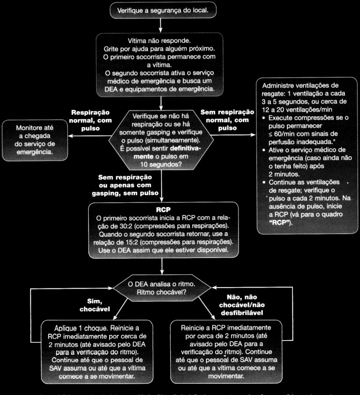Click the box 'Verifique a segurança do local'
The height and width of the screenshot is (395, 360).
click(162, 9)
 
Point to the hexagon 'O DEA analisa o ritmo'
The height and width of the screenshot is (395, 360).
click(162, 288)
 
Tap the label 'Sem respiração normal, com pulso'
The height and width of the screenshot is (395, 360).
click(227, 120)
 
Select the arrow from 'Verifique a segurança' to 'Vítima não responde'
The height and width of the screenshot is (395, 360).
click(162, 25)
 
